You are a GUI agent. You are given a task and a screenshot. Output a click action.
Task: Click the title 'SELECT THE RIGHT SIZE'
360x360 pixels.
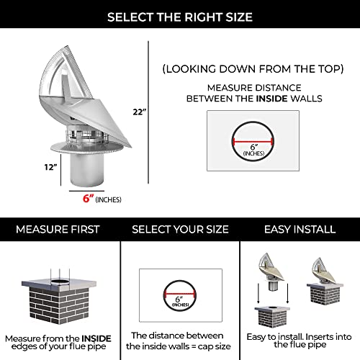[x=180, y=17]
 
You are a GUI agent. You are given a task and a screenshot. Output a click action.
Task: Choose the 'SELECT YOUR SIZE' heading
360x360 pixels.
[x=180, y=229]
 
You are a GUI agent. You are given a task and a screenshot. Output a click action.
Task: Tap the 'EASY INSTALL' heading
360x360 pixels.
[x=300, y=229]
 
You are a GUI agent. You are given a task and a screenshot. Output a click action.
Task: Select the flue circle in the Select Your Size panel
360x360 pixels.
[x=179, y=297]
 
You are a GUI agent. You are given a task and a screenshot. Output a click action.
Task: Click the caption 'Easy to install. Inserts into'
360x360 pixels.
[x=300, y=337]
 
